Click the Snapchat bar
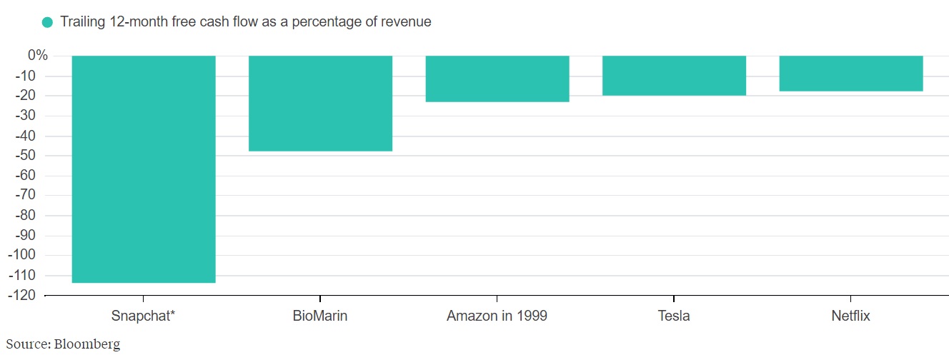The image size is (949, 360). tap(144, 169)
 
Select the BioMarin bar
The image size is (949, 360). tap(320, 104)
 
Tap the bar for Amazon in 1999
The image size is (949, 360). tap(497, 79)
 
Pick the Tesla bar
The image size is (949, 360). tap(674, 76)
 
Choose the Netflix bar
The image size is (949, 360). tap(850, 74)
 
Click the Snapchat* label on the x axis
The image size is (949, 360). tap(144, 316)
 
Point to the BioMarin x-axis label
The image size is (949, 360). tap(320, 316)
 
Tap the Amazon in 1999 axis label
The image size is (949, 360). tap(497, 316)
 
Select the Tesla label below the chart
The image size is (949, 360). tap(674, 316)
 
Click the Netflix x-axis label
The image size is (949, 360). tap(850, 316)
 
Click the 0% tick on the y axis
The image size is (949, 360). tap(37, 56)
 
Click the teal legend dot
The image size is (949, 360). tap(48, 22)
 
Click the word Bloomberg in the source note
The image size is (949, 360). tap(86, 344)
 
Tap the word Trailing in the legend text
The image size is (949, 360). tap(82, 22)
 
